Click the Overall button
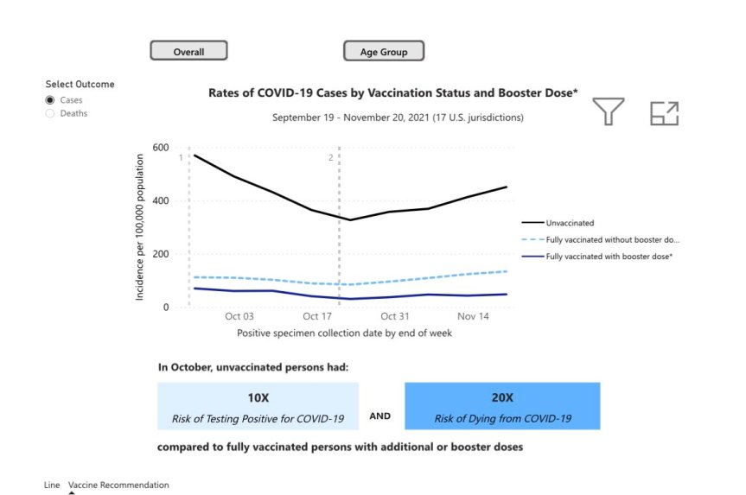click(x=188, y=51)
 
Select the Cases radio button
click(x=50, y=100)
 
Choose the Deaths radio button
click(x=50, y=113)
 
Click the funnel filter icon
click(x=609, y=111)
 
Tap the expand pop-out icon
click(x=664, y=113)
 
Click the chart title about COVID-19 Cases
click(x=393, y=92)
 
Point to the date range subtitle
click(x=398, y=117)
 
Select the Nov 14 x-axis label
click(x=473, y=317)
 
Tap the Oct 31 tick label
click(x=394, y=317)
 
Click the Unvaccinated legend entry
click(x=570, y=223)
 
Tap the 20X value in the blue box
click(x=501, y=397)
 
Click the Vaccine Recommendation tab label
click(x=118, y=485)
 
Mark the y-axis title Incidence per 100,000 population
click(x=140, y=227)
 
